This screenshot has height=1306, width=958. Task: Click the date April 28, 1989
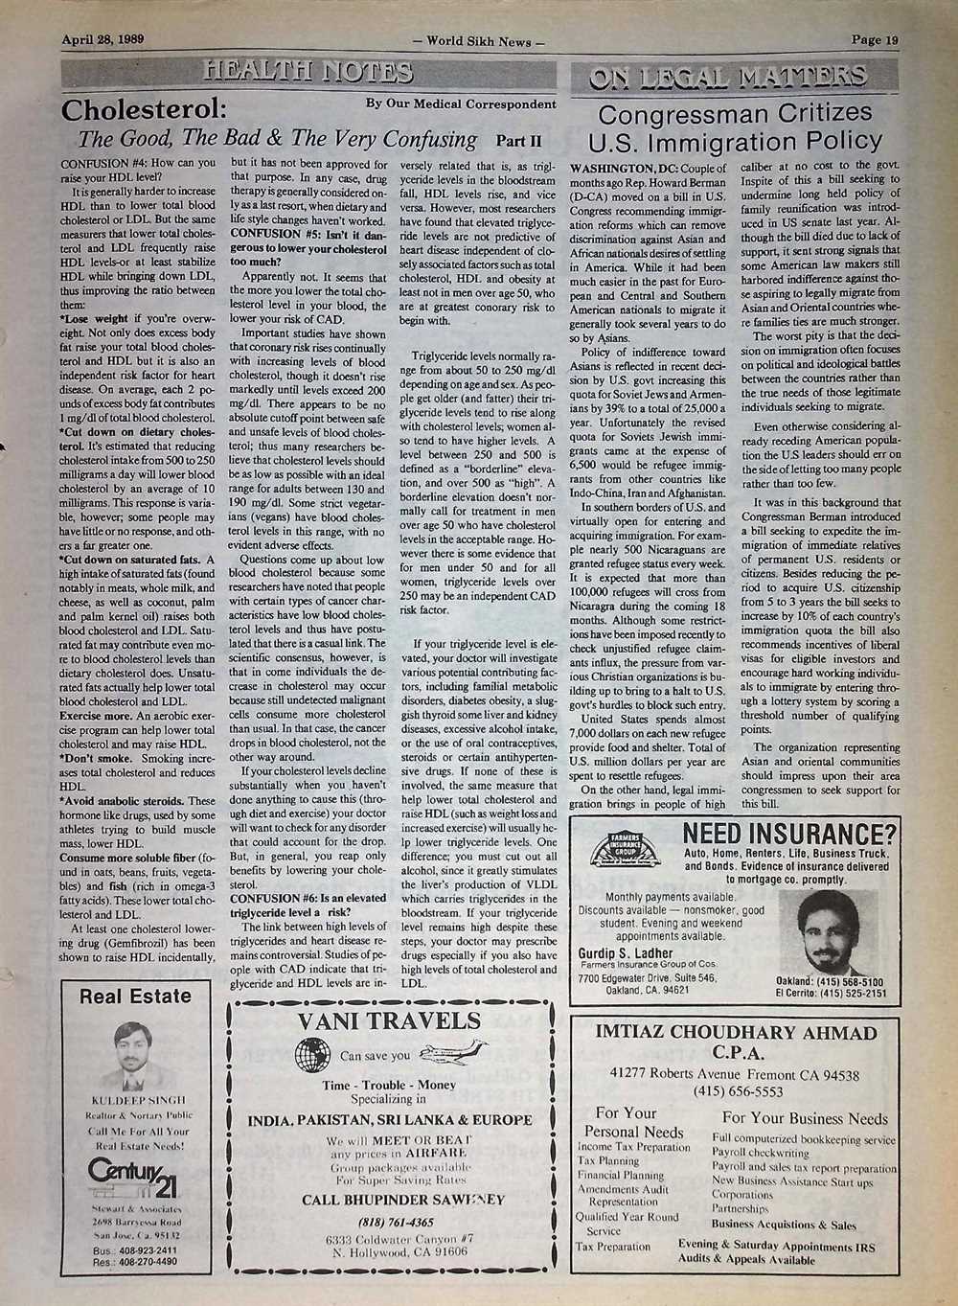(x=102, y=40)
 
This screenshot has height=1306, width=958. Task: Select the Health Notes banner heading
(x=308, y=72)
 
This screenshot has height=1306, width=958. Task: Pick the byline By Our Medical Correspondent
(x=461, y=103)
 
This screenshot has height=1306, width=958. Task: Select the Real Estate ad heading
(x=134, y=997)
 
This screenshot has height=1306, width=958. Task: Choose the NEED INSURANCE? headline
(x=790, y=833)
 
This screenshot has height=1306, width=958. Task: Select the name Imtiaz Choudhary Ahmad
(x=735, y=1033)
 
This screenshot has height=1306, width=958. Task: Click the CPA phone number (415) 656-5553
(x=736, y=1090)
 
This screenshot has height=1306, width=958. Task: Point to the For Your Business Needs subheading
(x=805, y=1118)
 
